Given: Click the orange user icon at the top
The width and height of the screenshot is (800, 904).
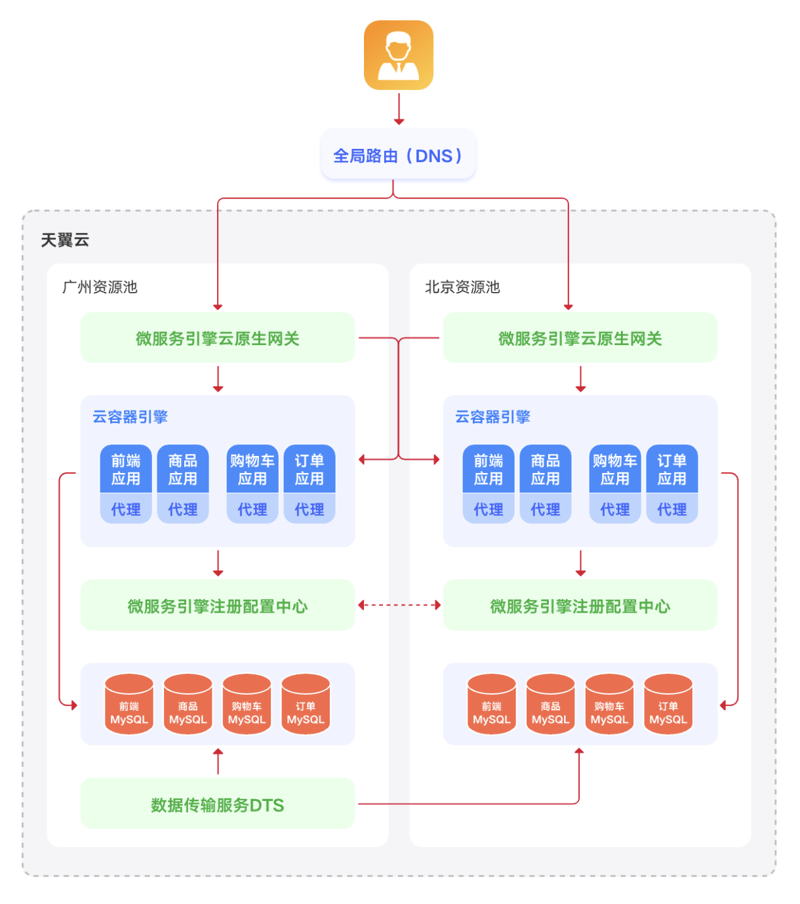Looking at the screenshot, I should [399, 55].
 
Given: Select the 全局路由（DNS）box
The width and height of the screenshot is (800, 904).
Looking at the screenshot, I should [398, 155].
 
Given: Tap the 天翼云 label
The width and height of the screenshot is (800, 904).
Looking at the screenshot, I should [65, 240].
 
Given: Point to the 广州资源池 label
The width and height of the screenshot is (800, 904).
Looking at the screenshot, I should [100, 287].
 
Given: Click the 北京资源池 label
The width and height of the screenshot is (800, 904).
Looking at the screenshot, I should [462, 287].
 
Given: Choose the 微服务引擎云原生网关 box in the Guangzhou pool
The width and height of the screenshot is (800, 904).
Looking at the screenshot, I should [217, 338].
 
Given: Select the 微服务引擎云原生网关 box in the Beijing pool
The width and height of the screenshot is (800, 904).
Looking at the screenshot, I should [580, 338].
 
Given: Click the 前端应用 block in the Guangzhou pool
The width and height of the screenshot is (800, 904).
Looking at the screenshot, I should [126, 469].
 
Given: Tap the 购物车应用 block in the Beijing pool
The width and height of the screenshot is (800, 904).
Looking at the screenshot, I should [614, 469].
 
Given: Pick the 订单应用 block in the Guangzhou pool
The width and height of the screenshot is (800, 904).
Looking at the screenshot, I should [310, 469].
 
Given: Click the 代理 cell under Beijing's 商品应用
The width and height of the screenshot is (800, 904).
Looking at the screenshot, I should [546, 509].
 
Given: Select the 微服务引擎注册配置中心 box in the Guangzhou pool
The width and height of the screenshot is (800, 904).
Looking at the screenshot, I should [217, 606].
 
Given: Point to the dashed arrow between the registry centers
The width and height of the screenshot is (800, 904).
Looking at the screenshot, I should [399, 605].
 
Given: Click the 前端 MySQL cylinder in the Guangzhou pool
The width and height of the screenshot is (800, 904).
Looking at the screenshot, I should [129, 705].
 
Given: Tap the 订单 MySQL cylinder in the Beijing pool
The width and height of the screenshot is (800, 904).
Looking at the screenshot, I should [668, 705].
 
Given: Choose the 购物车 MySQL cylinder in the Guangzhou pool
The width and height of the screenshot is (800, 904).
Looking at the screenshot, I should [247, 705].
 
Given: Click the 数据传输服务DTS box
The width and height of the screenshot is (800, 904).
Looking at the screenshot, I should [217, 804].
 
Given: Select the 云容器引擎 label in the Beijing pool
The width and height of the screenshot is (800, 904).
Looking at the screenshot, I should [492, 417].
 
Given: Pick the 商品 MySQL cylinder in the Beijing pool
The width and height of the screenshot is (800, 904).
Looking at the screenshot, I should [551, 705].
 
